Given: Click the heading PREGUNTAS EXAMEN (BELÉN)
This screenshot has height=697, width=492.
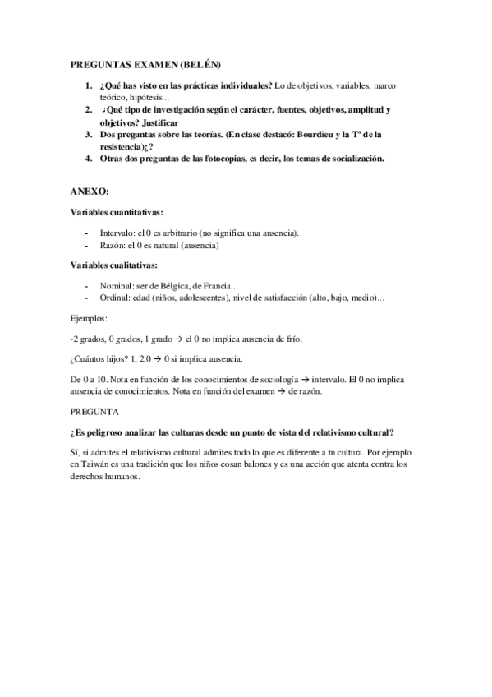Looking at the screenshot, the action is tap(145, 63).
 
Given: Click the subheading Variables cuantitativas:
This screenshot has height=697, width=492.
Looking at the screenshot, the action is tap(116, 212).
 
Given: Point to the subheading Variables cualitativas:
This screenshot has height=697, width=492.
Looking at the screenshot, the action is tap(114, 265).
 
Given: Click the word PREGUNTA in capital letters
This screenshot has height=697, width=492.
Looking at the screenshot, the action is tap(95, 411).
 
